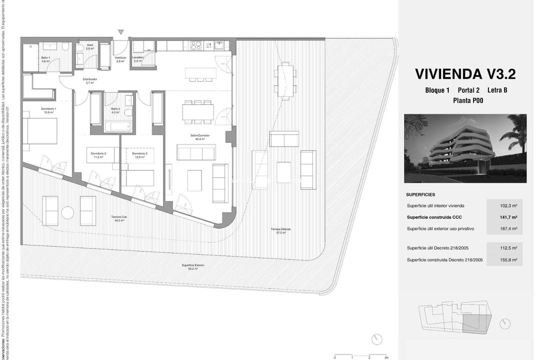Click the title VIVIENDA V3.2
(x=465, y=74)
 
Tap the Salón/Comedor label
(x=199, y=137)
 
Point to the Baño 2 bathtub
(x=117, y=126)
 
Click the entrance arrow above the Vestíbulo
(x=120, y=32)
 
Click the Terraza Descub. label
(x=280, y=230)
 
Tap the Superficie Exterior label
(x=192, y=266)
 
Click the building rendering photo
(x=465, y=148)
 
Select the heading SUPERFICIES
(x=420, y=194)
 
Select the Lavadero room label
(x=138, y=58)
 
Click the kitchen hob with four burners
(x=196, y=46)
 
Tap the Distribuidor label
(x=89, y=80)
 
